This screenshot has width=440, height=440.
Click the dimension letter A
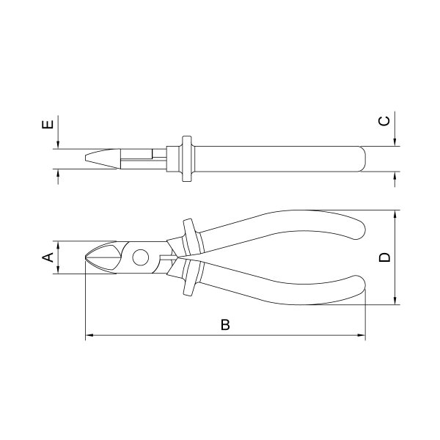coord(48,257)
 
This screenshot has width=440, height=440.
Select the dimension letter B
coord(225,325)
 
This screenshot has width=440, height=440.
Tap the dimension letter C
coord(384,121)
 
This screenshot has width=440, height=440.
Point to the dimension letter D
coord(384,257)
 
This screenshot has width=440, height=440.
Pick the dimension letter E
coord(48,125)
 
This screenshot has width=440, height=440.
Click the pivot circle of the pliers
coord(140,257)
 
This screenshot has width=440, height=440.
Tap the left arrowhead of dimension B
coord(89,335)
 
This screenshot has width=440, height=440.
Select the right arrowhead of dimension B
coord(362,335)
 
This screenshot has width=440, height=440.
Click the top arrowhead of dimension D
coord(395,214)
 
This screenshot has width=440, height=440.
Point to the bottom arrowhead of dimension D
coord(395,301)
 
